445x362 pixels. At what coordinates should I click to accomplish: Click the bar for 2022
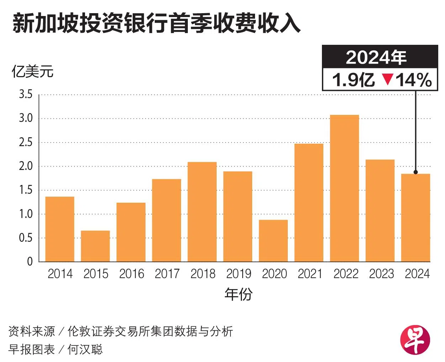[344, 188]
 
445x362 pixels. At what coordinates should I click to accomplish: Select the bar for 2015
[95, 246]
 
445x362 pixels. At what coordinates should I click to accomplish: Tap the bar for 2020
[273, 241]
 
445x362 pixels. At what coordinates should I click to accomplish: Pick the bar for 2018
[202, 212]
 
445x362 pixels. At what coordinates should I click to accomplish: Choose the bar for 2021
[309, 203]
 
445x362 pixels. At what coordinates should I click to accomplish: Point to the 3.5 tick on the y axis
[26, 95]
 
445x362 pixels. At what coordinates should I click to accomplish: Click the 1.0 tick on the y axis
[26, 214]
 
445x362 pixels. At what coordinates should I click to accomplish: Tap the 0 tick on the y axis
[30, 262]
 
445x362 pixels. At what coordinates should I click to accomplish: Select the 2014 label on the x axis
[60, 274]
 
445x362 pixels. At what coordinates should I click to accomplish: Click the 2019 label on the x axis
[238, 274]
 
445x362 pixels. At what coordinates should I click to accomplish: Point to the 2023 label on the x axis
[381, 274]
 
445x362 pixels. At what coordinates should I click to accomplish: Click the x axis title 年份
[238, 294]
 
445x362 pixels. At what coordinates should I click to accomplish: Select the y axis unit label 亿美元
[32, 72]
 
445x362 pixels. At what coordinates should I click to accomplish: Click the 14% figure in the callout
[414, 80]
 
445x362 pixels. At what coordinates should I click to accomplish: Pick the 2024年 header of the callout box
[376, 57]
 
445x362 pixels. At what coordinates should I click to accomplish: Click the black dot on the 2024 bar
[415, 172]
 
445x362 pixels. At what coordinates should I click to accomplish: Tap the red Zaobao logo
[415, 340]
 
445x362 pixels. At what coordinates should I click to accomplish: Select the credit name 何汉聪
[85, 350]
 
